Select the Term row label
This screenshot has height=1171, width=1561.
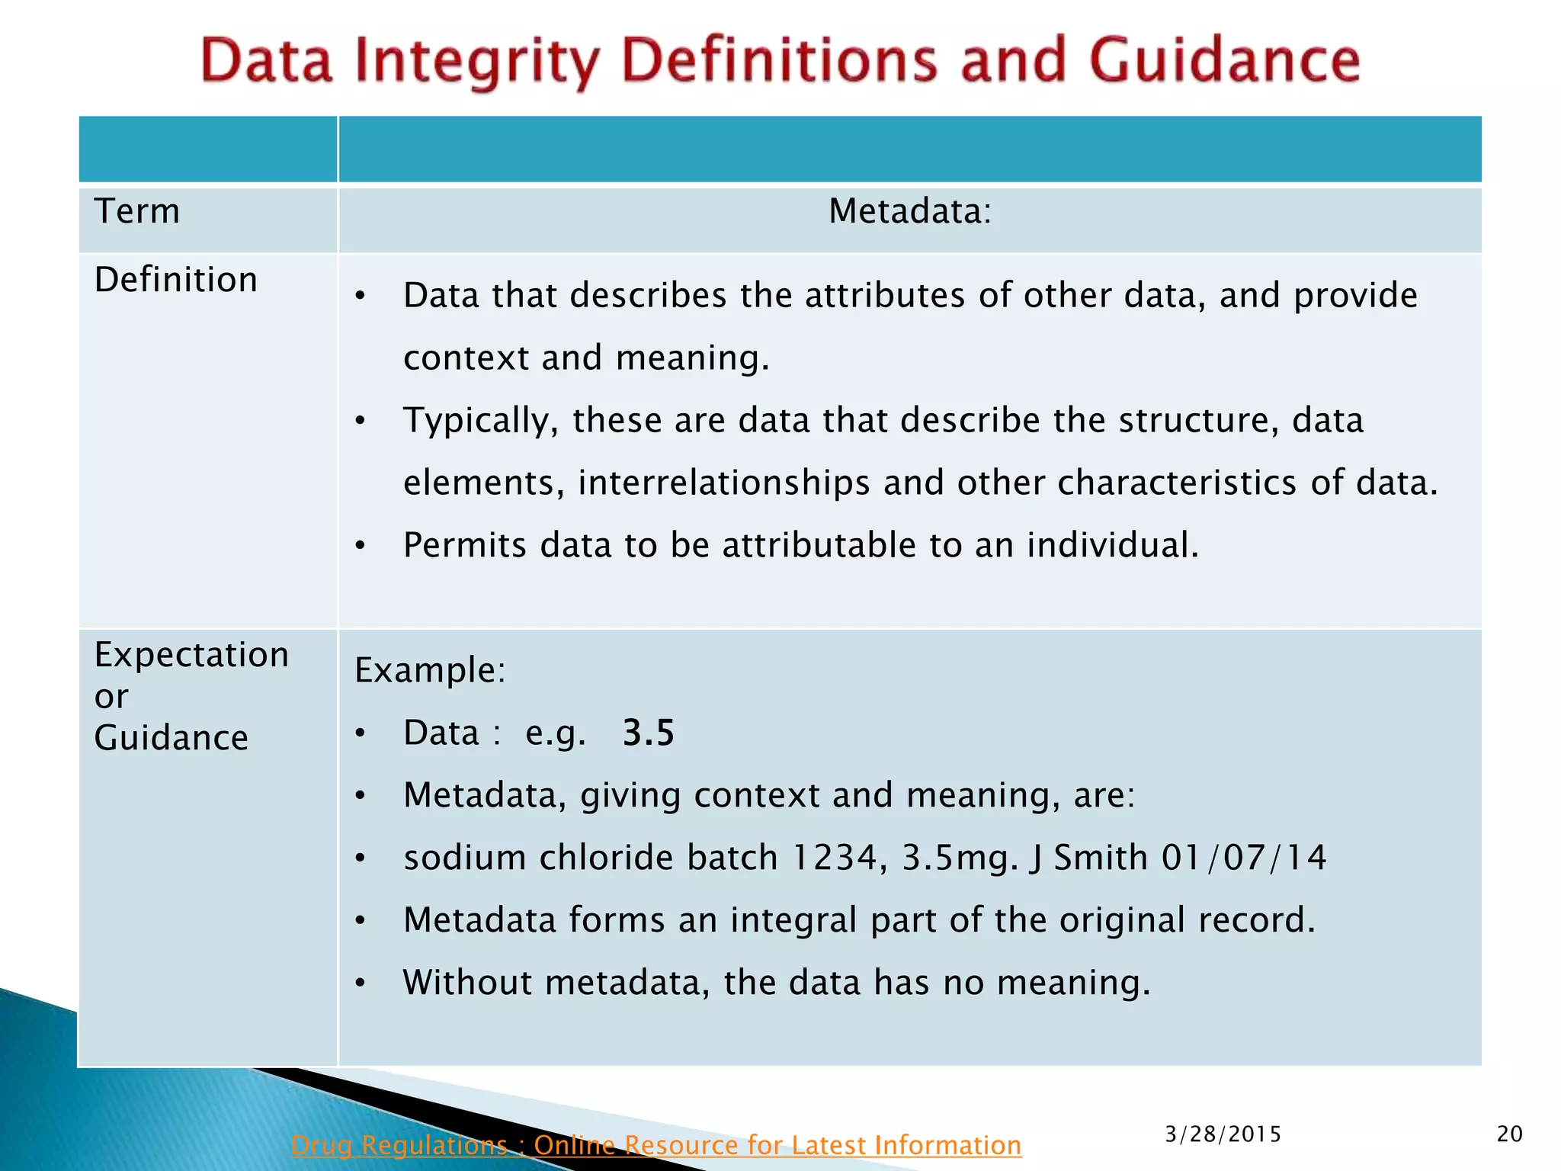[137, 211]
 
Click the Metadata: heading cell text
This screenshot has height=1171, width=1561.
[909, 211]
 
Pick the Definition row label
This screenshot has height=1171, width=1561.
[175, 280]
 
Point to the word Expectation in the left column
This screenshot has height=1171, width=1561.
[191, 655]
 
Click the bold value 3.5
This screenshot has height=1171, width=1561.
[648, 733]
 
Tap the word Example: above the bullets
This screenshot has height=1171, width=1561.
[430, 670]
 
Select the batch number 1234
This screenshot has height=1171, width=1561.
[834, 858]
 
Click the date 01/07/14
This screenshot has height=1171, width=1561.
[1244, 858]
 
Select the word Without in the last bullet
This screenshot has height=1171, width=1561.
[466, 982]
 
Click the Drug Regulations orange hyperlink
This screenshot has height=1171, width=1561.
[655, 1145]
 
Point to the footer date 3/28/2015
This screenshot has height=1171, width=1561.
[1223, 1134]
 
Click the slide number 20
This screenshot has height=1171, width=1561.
[1509, 1134]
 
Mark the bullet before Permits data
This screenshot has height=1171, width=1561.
[361, 546]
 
